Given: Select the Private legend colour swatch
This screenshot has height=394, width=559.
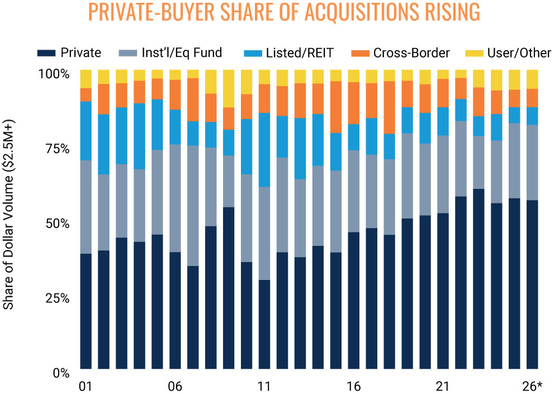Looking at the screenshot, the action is [x=46, y=53].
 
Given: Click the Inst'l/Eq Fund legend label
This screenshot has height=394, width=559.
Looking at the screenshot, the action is [x=182, y=52].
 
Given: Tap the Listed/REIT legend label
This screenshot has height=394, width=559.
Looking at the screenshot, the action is [x=300, y=53].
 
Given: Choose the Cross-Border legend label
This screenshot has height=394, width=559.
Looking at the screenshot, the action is [x=411, y=53].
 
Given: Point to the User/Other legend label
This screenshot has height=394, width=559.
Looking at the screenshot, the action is [x=519, y=53].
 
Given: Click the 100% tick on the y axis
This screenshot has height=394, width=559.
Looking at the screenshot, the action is [x=54, y=74].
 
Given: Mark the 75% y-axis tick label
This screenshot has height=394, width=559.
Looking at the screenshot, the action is [x=58, y=149].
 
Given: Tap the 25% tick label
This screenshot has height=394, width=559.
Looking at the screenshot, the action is [x=58, y=298].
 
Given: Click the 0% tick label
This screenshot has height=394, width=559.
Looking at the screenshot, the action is [x=61, y=373].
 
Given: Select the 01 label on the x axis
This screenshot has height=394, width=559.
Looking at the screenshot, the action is [x=85, y=386].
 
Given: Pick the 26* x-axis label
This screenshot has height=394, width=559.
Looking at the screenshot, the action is [x=532, y=386].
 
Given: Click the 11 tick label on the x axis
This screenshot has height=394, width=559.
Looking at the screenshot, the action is [x=264, y=386].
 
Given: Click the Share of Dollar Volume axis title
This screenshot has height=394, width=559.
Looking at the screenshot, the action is [x=8, y=215].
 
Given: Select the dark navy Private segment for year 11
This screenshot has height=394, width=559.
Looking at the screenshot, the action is [x=264, y=324].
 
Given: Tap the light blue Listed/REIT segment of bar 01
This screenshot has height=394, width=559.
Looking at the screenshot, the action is [x=86, y=131].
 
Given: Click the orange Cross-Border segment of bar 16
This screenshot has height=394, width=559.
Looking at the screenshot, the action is [x=353, y=103].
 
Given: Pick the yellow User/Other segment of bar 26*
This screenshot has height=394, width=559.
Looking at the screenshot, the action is [x=532, y=79].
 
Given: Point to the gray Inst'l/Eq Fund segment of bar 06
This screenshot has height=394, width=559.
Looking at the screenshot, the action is [x=175, y=198].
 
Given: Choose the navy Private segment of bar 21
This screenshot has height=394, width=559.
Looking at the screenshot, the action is [x=443, y=291].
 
